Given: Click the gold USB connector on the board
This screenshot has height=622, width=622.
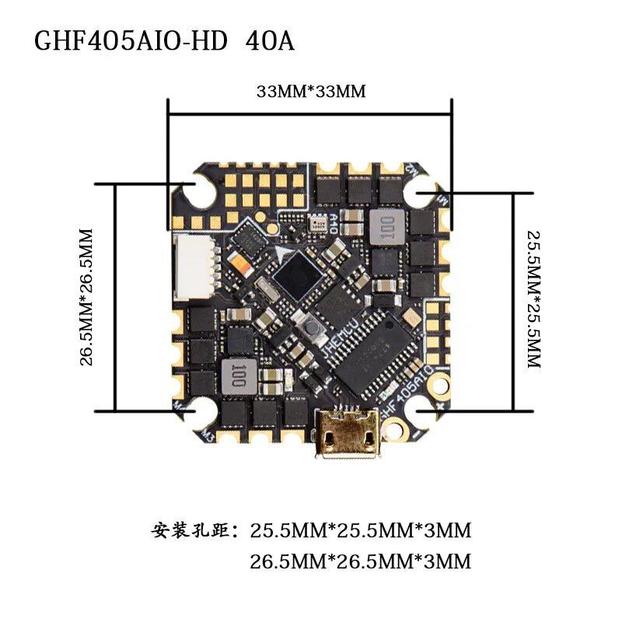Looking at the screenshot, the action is (348, 438).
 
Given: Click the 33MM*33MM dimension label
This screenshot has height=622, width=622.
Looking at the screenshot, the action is (311, 92).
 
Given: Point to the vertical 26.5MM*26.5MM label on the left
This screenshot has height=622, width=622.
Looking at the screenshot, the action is (86, 296).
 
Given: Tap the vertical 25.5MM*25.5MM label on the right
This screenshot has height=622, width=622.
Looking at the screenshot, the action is (533, 299).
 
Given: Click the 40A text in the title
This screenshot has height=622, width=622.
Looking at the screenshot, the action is (270, 40).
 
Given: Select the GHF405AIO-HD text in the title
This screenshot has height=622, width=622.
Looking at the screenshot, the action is (131, 40).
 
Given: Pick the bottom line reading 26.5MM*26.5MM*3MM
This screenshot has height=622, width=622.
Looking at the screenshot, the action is (361, 561).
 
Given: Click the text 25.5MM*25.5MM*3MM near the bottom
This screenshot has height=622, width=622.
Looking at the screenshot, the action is (361, 532).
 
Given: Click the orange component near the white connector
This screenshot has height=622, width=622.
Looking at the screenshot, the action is (243, 270).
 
